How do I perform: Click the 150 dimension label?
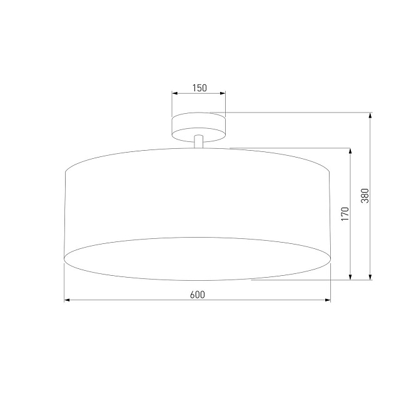click(x=199, y=88)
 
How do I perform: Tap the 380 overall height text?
click(x=365, y=196)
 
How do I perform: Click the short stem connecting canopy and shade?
click(x=199, y=142)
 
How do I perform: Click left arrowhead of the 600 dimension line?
click(x=68, y=300)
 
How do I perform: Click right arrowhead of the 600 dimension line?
click(x=327, y=300)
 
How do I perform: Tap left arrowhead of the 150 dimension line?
click(x=175, y=94)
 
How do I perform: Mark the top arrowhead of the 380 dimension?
click(x=371, y=116)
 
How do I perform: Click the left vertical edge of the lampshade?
click(x=66, y=213)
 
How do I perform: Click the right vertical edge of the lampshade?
click(x=330, y=213)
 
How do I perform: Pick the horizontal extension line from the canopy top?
click(x=294, y=113)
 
